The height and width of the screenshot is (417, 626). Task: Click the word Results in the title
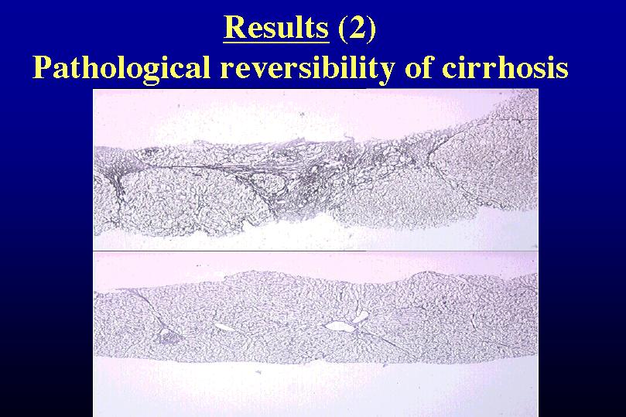click(x=276, y=28)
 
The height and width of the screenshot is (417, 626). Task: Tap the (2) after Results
click(x=357, y=28)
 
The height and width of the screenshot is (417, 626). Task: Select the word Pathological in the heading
click(x=121, y=67)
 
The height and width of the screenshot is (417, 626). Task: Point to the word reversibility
click(x=307, y=67)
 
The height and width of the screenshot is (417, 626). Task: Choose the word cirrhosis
click(x=505, y=67)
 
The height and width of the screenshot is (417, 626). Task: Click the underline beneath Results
click(x=276, y=42)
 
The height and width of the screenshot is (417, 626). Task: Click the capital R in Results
click(x=235, y=28)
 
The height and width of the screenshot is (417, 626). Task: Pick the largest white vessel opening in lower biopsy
click(x=340, y=326)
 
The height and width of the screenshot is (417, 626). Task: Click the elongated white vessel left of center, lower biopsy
click(x=224, y=326)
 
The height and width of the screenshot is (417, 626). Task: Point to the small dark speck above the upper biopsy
click(x=302, y=115)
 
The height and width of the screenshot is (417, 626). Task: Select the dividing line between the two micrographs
click(x=316, y=251)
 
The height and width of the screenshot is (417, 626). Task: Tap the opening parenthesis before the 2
click(x=343, y=29)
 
